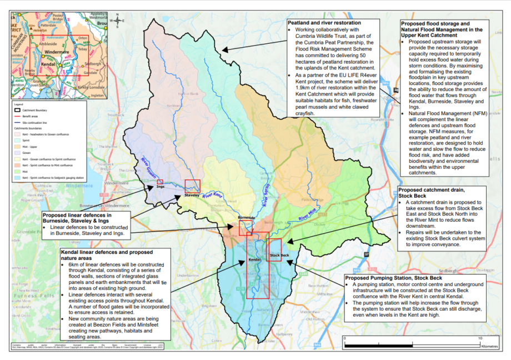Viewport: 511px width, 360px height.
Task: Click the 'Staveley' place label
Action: coord(192,195)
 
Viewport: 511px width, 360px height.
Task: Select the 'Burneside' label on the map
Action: coord(246,217)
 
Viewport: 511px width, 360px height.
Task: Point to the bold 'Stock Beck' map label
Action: coord(279,256)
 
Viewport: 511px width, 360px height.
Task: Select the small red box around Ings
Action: coord(160,182)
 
